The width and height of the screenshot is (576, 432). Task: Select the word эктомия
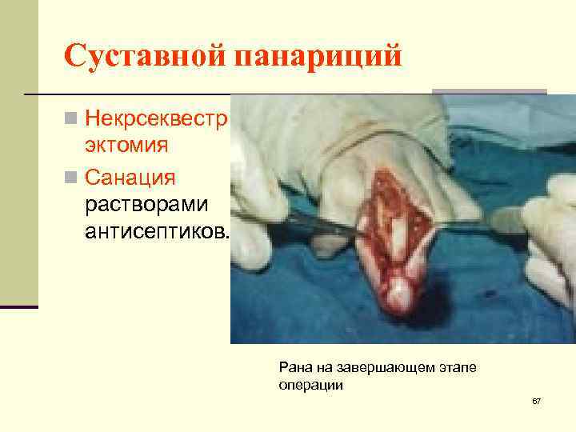point(127,146)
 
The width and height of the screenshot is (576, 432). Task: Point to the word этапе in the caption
point(459,367)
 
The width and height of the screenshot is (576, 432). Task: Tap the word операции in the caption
point(310,385)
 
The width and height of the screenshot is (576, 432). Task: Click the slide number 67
point(536,400)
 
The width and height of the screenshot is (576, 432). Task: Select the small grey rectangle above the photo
point(489,91)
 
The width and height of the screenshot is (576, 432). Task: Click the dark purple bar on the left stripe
point(19,307)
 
